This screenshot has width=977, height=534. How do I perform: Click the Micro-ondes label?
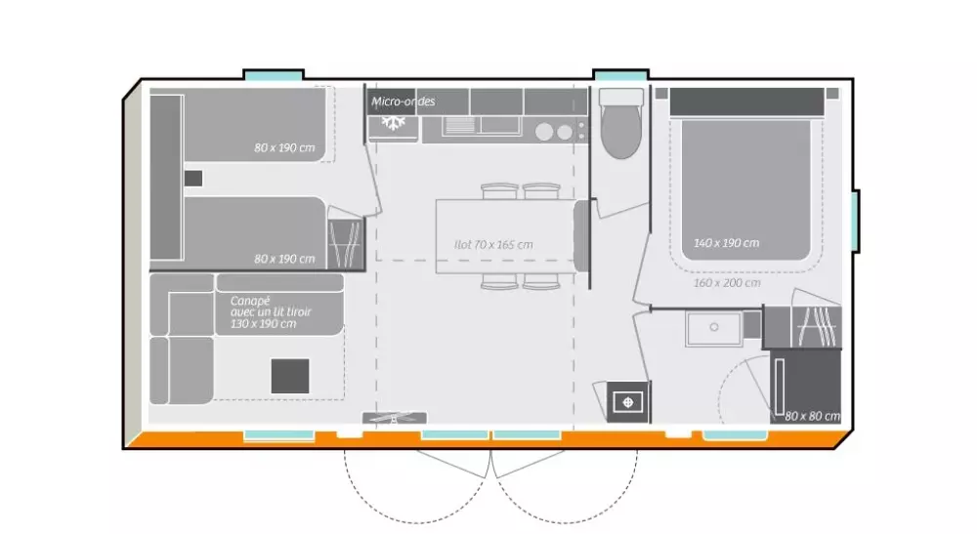click(x=404, y=102)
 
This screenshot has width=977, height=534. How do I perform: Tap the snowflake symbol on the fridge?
click(x=395, y=124)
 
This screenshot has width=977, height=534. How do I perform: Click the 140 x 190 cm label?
click(x=726, y=242)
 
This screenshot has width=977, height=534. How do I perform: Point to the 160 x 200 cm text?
click(x=726, y=282)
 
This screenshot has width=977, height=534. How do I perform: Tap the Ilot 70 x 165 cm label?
click(x=493, y=244)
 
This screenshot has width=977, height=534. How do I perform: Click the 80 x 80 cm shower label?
click(x=813, y=416)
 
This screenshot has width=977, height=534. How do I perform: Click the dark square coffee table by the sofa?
click(x=289, y=376)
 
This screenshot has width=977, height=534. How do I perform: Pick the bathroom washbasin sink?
click(x=713, y=328)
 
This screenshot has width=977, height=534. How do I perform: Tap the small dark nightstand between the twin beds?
click(x=193, y=178)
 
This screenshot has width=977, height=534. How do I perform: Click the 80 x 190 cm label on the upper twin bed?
click(x=284, y=147)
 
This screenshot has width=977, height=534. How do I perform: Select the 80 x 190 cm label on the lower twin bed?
click(x=284, y=259)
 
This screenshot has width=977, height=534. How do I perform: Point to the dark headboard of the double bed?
click(x=746, y=101)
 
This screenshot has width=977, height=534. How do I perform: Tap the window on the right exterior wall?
click(x=856, y=221)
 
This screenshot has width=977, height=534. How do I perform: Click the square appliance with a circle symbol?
click(x=626, y=400)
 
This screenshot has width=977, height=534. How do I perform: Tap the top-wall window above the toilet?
click(x=620, y=75)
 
